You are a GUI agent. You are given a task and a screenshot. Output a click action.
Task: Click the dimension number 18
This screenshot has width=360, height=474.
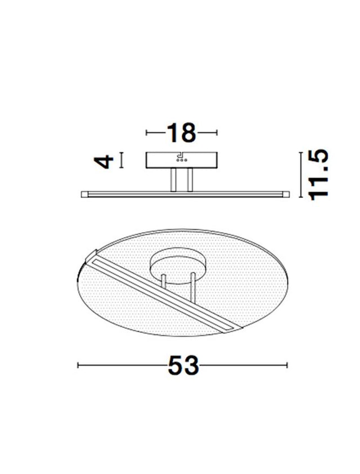pos(182,132)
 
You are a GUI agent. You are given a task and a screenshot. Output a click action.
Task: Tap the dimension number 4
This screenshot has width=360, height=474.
pos(103,161)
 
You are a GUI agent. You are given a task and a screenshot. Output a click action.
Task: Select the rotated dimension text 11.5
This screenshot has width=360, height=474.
pos(318,175)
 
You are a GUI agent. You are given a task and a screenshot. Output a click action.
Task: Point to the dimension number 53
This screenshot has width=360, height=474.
pos(183,365)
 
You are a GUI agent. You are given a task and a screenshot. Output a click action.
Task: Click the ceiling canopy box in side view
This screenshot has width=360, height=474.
pos(182,160)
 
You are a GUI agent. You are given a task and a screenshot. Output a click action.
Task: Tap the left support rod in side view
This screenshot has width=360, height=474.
pos(173,180)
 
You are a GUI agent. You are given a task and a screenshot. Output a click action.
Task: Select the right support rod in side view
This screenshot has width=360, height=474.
pos(190,180)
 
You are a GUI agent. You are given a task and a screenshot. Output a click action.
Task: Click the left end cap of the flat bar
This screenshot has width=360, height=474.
pos(85,194)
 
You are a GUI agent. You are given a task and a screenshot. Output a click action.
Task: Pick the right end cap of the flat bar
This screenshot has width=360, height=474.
pos(286,194)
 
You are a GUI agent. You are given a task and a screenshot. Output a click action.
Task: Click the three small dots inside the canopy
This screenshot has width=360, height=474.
pos(182,160)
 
